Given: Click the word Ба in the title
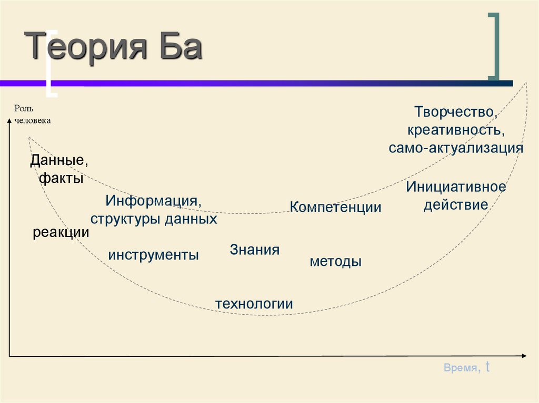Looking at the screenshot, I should [x=179, y=47].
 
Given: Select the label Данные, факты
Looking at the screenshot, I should [x=59, y=169].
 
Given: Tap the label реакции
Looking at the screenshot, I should [x=61, y=232].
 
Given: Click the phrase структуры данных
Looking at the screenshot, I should [x=154, y=219].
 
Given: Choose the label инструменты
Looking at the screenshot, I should [x=154, y=255].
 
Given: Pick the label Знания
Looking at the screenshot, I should [x=254, y=250].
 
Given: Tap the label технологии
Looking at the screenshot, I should [x=254, y=304].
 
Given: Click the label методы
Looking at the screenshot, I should [x=335, y=261].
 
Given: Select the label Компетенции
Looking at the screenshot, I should [x=336, y=207].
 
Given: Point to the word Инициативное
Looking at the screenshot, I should [x=456, y=187].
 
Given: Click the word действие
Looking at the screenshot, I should [x=456, y=205].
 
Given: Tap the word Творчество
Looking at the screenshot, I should [x=455, y=111].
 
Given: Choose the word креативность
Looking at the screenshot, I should [x=456, y=129].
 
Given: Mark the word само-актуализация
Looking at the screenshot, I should [x=456, y=148].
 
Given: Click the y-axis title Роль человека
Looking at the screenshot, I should [x=32, y=114].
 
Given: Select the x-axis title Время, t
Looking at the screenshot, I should [x=467, y=368].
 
